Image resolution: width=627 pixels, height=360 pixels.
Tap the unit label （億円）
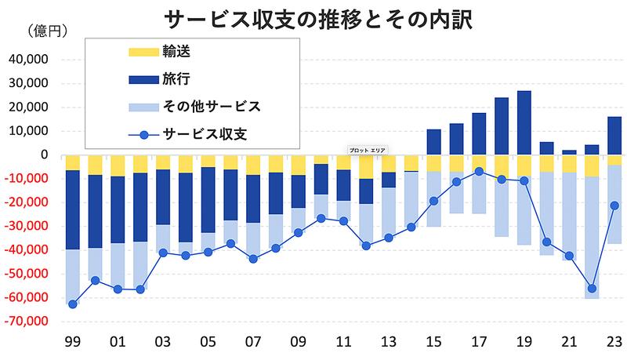[49, 32]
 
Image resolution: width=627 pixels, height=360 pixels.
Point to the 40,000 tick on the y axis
[28, 60]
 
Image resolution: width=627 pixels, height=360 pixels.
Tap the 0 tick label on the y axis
[45, 155]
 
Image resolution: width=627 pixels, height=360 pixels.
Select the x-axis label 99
[72, 343]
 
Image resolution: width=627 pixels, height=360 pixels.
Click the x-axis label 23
[614, 343]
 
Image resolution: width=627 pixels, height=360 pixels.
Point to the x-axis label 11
[342, 343]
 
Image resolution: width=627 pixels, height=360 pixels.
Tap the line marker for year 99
[72, 304]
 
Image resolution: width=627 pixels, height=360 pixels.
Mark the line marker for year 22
[592, 289]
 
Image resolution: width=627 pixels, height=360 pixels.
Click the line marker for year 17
[479, 171]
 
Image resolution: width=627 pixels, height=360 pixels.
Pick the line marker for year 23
[614, 205]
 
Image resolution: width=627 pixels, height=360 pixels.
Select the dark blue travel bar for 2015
[433, 142]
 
